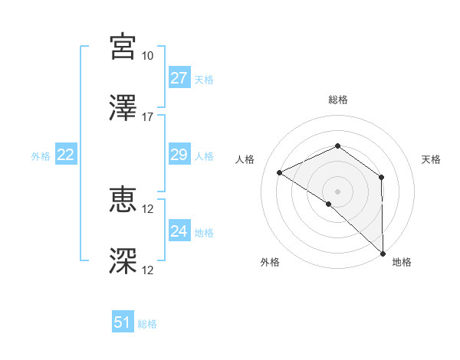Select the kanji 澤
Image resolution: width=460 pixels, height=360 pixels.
(123, 108)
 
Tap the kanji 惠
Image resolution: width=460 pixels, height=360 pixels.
(123, 200)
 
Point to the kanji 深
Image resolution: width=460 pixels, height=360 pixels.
(123, 261)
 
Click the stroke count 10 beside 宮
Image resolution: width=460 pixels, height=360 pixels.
(148, 56)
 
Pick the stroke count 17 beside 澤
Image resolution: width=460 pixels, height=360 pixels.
(148, 117)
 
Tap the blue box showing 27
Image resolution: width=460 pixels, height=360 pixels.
(179, 78)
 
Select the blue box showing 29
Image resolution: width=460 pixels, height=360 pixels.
(179, 155)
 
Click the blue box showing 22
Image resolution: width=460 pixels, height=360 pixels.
(66, 155)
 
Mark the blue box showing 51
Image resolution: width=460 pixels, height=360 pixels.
(123, 322)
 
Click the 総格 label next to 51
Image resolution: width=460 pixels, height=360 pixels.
(147, 324)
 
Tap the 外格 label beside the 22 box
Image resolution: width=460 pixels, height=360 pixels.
(41, 156)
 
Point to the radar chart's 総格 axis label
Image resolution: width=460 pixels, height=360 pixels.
(338, 100)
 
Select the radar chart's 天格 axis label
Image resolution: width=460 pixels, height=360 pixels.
(432, 159)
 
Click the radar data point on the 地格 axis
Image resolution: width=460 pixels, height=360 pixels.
(383, 254)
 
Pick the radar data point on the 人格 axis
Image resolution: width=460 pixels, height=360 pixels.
(280, 172)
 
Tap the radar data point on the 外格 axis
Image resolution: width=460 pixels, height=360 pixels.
(328, 204)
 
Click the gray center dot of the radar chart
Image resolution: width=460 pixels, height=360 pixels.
(338, 191)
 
